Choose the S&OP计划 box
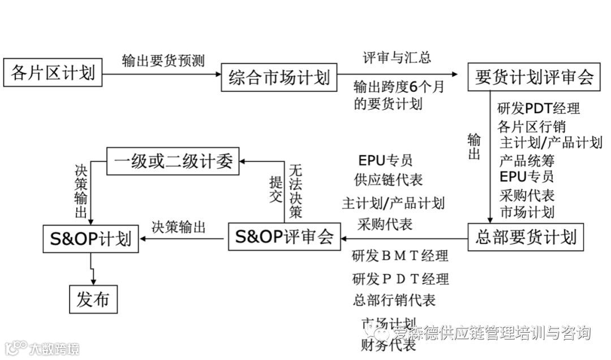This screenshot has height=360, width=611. pyautogui.click(x=91, y=238)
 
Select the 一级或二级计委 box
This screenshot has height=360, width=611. pyautogui.click(x=173, y=161)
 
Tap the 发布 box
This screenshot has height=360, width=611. pyautogui.click(x=93, y=298)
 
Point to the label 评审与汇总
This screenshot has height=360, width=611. pyautogui.click(x=397, y=58)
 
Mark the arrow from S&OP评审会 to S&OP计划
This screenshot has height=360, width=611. pyautogui.click(x=183, y=238)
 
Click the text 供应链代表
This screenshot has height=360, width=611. pyautogui.click(x=388, y=180)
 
